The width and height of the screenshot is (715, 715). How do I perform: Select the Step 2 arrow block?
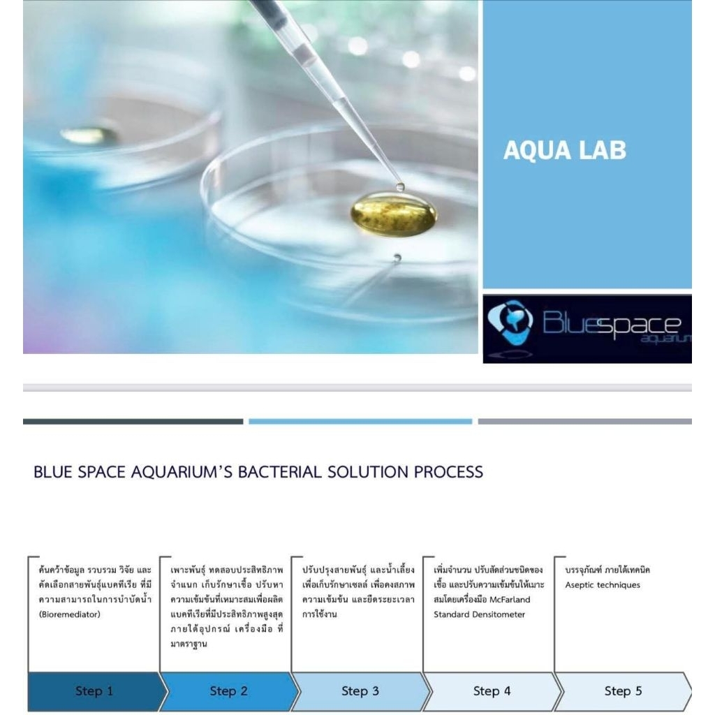point(229,691)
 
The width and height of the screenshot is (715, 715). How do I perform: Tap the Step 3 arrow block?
point(360,691)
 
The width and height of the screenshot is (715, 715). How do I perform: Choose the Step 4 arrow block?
point(492,691)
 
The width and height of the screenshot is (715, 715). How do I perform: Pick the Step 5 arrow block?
point(623,691)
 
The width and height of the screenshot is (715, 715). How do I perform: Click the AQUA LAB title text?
point(564,151)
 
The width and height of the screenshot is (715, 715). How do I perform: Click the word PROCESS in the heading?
point(448,472)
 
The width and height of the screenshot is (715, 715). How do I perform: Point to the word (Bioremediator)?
point(69,614)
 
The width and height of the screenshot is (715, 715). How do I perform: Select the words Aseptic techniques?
point(603,585)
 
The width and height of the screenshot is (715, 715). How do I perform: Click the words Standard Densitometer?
point(479,614)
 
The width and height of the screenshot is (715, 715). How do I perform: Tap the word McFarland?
point(510,599)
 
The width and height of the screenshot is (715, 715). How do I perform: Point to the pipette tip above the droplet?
point(400,186)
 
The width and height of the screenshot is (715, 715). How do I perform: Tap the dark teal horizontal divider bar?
point(133,422)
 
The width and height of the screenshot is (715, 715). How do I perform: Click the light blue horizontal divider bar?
point(360,422)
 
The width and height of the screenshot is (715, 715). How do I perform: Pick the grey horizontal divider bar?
point(584,422)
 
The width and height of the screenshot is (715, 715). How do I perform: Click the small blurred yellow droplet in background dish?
point(89,135)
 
